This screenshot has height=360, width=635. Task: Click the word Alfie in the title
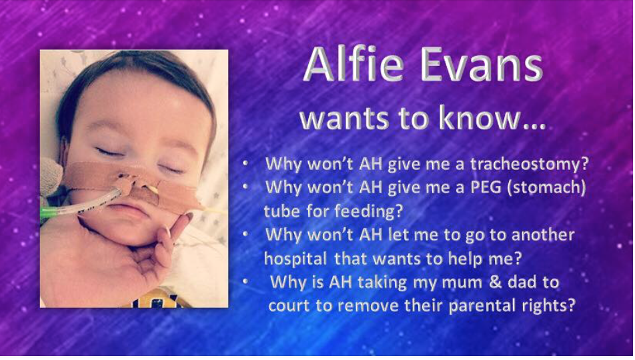[354, 65]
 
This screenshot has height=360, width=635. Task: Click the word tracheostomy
[529, 165]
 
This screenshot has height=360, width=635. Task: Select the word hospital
[295, 259]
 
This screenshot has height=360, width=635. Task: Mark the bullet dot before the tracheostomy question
[245, 163]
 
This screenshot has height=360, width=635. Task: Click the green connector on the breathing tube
[48, 213]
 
